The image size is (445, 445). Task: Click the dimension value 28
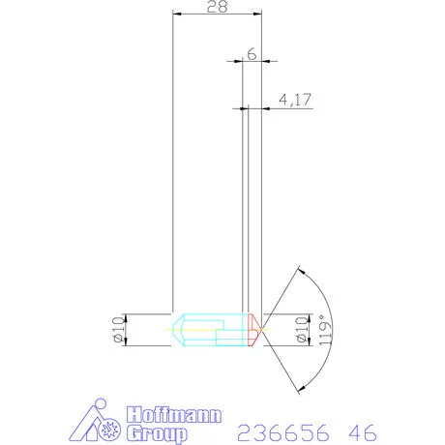click(217, 7)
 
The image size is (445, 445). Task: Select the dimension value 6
click(252, 53)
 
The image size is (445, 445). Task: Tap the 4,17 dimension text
click(295, 100)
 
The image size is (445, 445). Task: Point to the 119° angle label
click(325, 330)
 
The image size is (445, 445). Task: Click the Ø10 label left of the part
click(118, 329)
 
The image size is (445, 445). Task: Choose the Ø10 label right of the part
click(302, 329)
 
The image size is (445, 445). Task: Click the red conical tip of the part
click(254, 330)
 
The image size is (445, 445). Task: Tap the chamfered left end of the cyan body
click(178, 330)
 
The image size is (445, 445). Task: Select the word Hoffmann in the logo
click(174, 415)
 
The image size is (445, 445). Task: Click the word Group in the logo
click(157, 433)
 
